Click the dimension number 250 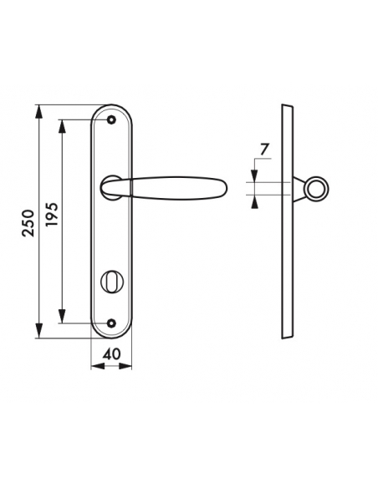click(x=28, y=223)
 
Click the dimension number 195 click(x=52, y=215)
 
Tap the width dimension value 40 click(x=111, y=353)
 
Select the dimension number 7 click(x=263, y=150)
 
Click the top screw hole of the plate click(x=111, y=119)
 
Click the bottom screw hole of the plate click(x=111, y=323)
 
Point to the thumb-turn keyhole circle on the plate click(x=112, y=282)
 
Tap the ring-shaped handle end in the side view click(x=317, y=189)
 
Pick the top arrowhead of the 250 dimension click(x=39, y=112)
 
